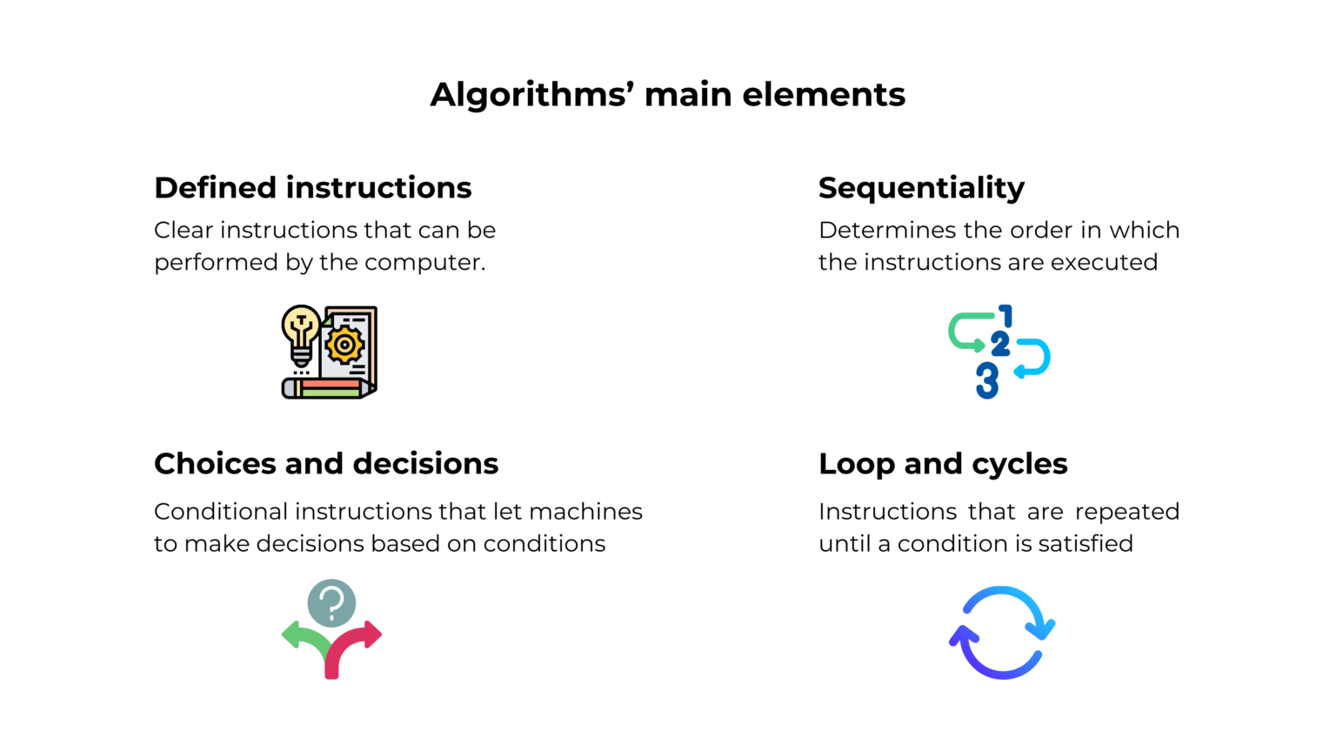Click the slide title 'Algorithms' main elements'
[667, 94]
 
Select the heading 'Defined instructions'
[312, 188]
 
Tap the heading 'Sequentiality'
[921, 188]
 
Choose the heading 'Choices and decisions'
[326, 464]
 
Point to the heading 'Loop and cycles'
[943, 464]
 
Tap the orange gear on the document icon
[345, 346]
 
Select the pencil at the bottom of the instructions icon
[327, 388]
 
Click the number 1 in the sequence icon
[1006, 316]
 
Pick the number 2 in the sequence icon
[1000, 345]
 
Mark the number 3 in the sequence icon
[986, 380]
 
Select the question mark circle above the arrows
[331, 602]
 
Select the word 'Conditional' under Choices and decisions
[221, 512]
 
